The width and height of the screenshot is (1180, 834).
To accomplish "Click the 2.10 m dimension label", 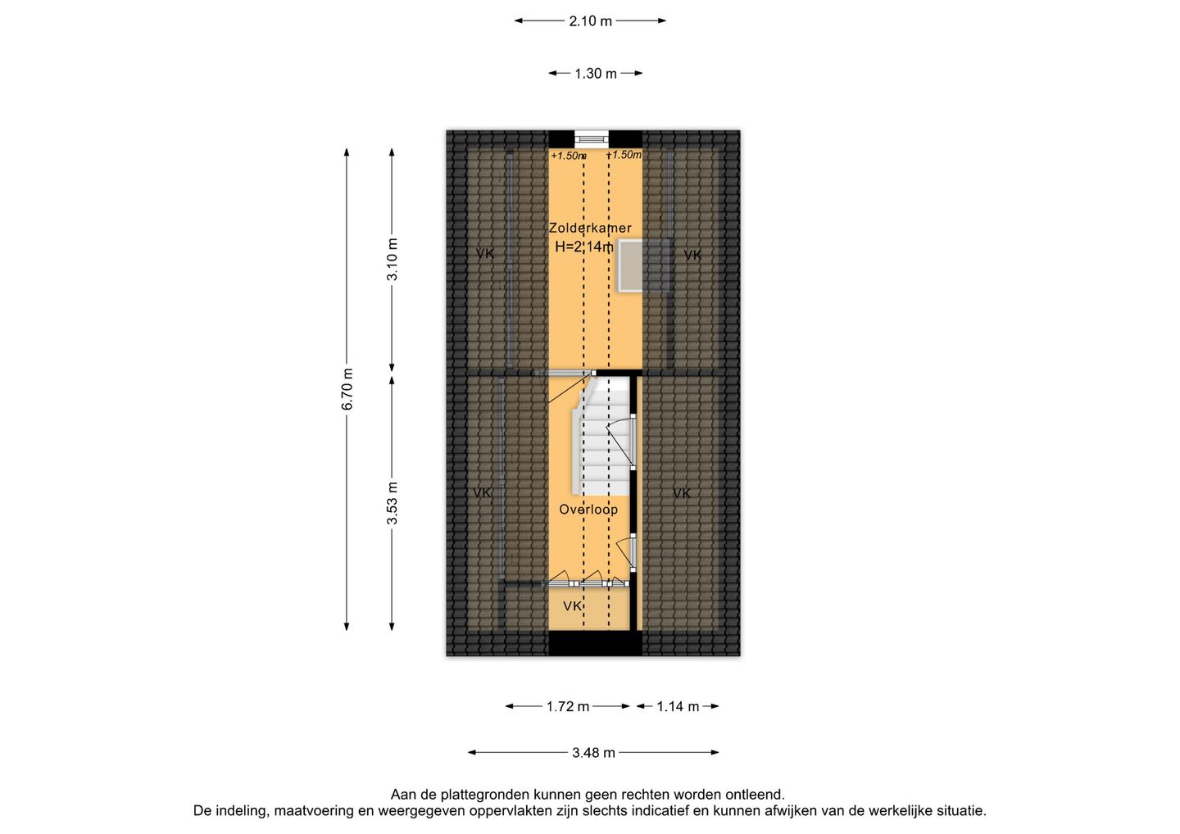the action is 590,21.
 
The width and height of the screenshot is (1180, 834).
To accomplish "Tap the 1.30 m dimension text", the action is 595,74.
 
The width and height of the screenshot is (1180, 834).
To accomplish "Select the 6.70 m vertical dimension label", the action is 347,389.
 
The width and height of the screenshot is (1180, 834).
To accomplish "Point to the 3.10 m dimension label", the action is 393,260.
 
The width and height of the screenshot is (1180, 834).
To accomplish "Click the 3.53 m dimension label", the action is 393,503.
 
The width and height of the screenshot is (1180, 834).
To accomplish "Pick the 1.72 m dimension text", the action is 568,706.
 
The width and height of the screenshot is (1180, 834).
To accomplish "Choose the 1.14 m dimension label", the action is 678,706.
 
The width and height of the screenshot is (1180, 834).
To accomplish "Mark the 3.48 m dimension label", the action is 593,753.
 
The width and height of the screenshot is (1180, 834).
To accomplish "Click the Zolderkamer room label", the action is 590,228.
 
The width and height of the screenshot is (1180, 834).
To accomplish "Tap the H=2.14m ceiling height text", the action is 584,247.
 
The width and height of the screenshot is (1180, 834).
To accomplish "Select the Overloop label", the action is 588,510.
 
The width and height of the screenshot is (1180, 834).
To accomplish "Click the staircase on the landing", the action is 601,436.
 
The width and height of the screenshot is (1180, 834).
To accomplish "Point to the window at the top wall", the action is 590,138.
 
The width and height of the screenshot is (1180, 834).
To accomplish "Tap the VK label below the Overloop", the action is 573,606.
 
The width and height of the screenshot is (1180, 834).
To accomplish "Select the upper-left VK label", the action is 484,254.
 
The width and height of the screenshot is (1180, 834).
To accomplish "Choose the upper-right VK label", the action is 692,256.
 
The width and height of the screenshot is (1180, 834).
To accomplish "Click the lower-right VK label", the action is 682,493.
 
